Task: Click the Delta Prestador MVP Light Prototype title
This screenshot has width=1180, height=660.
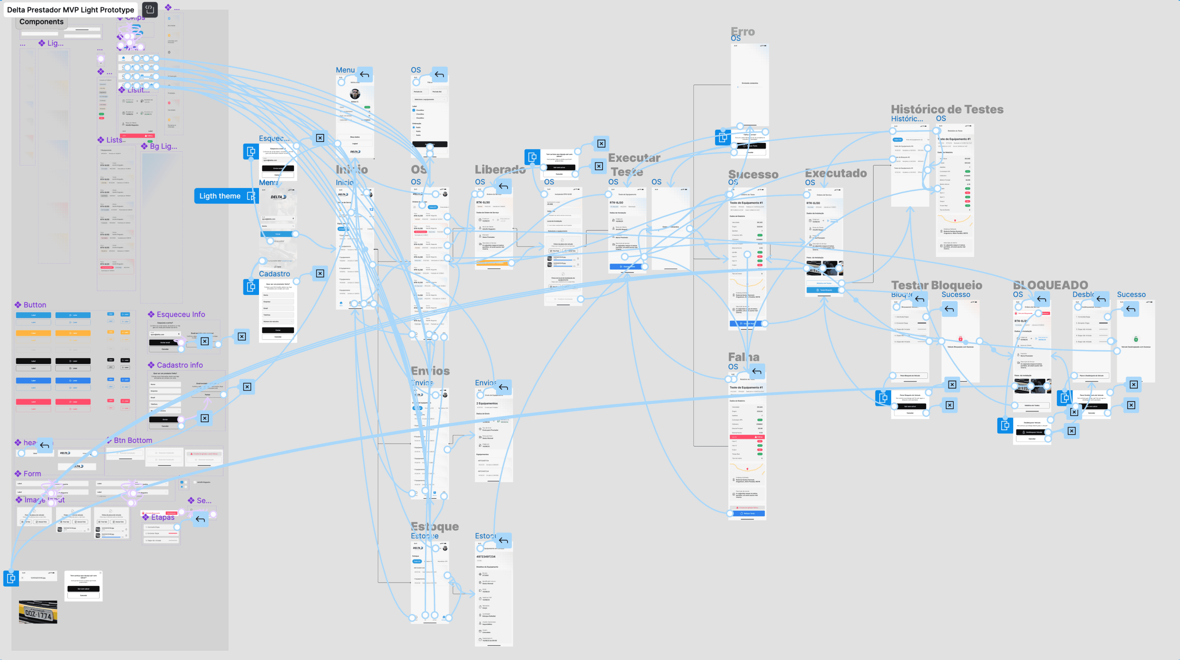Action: tap(71, 10)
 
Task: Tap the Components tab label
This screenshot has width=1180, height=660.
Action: tap(41, 21)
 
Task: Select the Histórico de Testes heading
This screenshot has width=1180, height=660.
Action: tap(947, 109)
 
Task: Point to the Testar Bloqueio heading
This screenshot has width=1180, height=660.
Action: tap(936, 285)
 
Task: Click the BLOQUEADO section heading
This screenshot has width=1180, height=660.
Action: tap(1050, 285)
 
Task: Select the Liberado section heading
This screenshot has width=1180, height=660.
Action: tap(500, 169)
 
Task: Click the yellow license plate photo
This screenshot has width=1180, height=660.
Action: tap(38, 611)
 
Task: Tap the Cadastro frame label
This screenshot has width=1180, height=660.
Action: tap(274, 274)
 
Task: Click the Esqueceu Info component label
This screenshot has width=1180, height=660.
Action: tap(180, 314)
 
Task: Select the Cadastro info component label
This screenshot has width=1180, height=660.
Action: tap(180, 365)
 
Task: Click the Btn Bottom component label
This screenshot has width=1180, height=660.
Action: tap(132, 440)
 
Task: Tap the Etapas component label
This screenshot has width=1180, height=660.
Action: tap(163, 517)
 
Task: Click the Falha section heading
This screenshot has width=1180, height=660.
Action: tap(743, 357)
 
